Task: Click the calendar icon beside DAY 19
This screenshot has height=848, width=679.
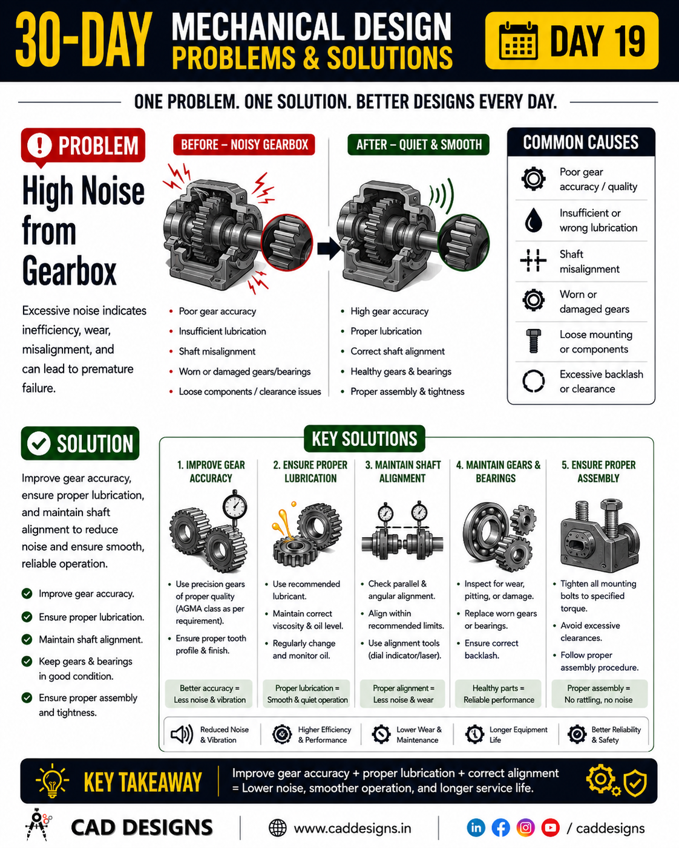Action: (518, 41)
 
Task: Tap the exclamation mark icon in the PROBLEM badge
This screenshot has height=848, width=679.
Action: (39, 145)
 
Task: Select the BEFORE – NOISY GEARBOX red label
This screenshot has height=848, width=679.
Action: (244, 145)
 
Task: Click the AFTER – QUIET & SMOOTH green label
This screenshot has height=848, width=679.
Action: (418, 145)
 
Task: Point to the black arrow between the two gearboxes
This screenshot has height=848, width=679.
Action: (329, 248)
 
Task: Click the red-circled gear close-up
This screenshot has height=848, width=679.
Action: (287, 242)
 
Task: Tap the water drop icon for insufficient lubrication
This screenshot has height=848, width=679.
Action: (533, 220)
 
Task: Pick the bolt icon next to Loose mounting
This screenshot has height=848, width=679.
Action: (533, 341)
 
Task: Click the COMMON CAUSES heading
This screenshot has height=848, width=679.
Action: (580, 142)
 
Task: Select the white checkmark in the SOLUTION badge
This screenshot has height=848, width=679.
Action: (39, 443)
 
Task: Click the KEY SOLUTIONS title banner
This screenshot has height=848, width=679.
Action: (364, 439)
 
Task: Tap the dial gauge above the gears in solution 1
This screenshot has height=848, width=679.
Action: (235, 506)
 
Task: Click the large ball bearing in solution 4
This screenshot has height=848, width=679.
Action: (489, 529)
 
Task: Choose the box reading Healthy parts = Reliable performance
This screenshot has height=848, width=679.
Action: (499, 694)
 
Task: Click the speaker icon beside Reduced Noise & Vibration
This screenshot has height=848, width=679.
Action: (182, 734)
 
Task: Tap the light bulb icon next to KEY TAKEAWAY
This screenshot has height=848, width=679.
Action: (51, 781)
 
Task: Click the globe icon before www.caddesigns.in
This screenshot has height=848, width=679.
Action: (278, 828)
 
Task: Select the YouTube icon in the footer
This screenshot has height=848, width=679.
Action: (551, 828)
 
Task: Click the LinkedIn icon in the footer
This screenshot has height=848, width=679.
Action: (476, 828)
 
